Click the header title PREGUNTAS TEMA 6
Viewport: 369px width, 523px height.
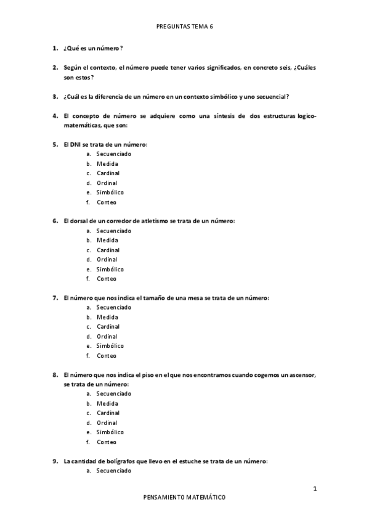(x=185, y=27)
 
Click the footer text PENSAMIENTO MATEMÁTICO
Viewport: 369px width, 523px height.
(x=184, y=496)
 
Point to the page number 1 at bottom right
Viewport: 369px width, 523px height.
(x=315, y=489)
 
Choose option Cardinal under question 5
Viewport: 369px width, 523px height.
(x=108, y=173)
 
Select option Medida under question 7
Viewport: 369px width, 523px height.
(x=107, y=317)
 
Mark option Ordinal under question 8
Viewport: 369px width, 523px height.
(x=107, y=422)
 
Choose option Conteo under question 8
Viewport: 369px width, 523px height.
(x=106, y=442)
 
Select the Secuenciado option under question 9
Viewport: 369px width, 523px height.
(x=113, y=471)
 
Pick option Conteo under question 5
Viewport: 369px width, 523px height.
(x=106, y=202)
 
